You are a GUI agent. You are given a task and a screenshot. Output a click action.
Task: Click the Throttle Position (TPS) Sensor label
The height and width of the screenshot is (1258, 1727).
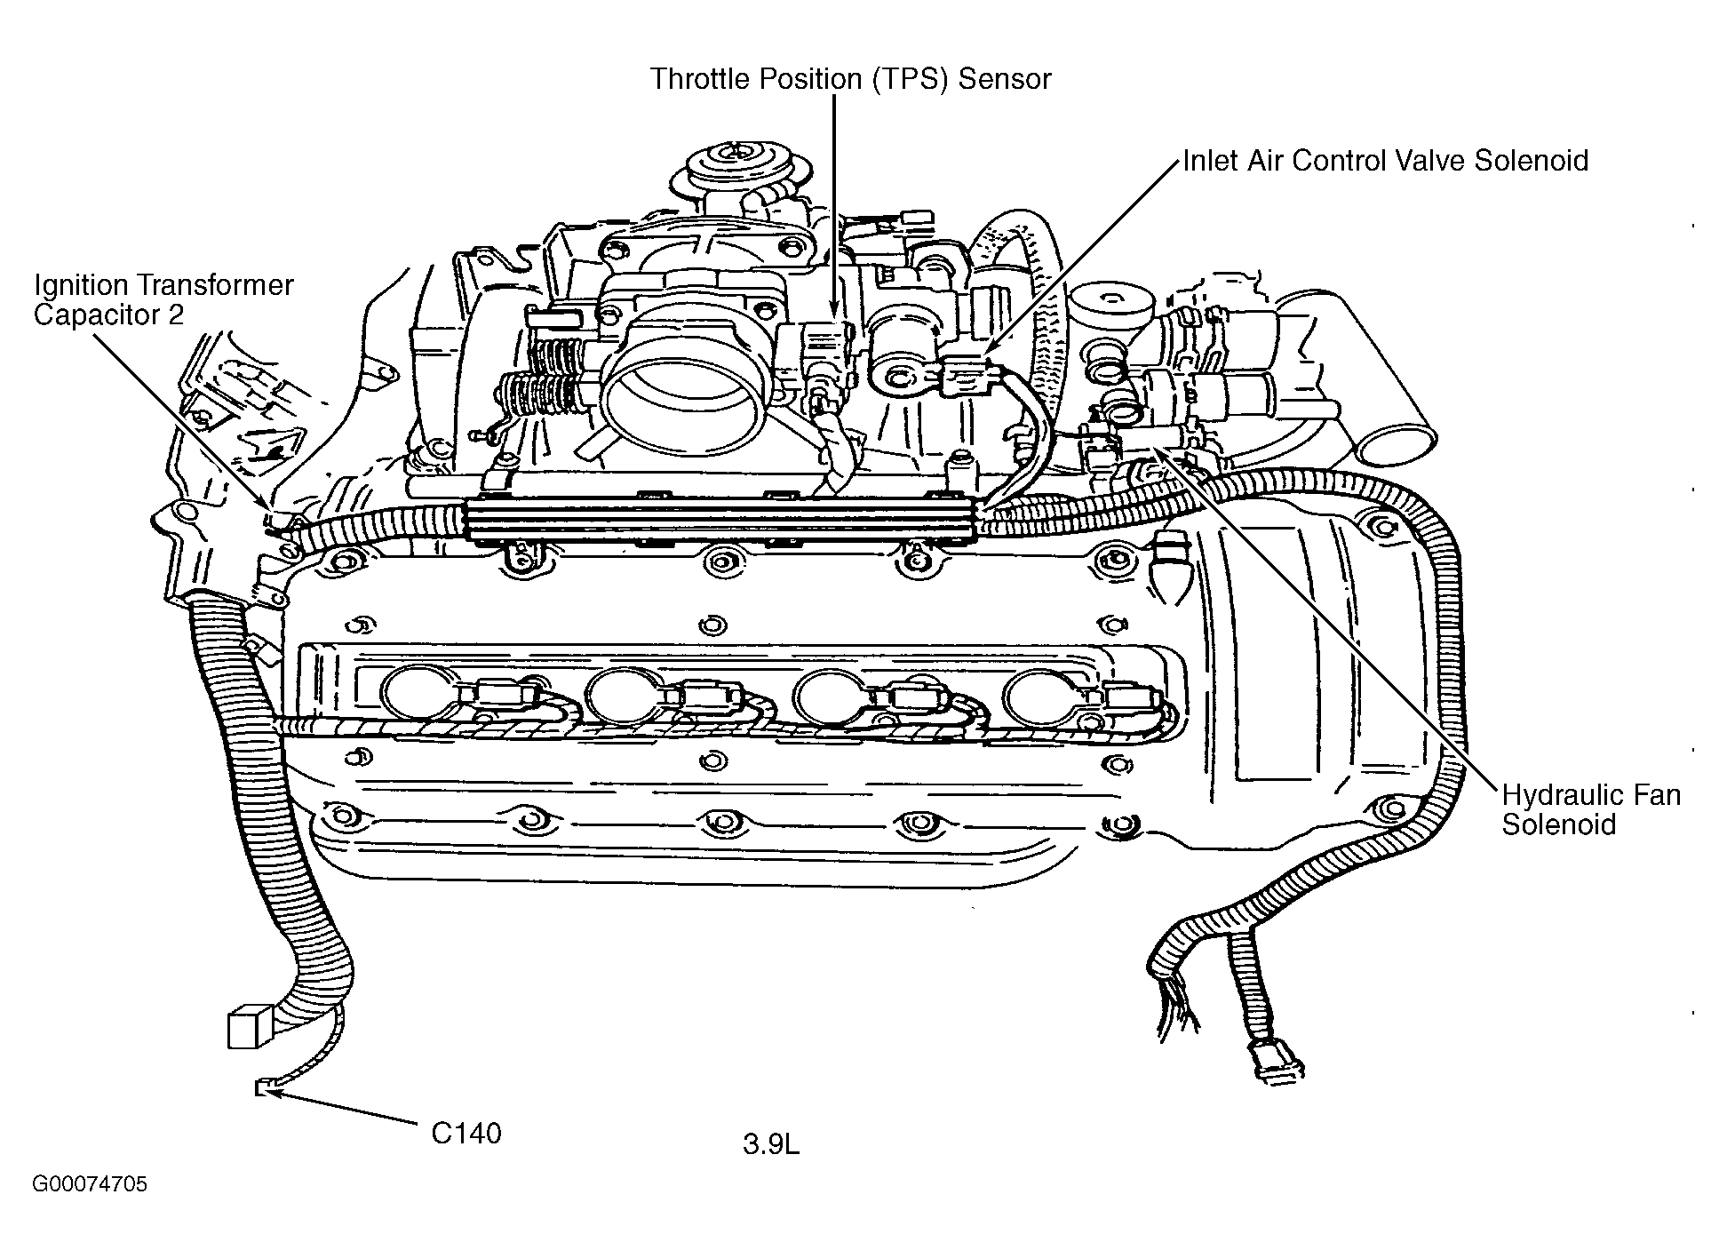coord(850,79)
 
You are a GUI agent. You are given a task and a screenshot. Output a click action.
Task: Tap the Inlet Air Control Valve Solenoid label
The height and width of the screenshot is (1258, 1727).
coord(1385,161)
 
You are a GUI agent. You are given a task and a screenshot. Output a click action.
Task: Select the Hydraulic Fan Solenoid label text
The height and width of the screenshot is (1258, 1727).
coord(1591,809)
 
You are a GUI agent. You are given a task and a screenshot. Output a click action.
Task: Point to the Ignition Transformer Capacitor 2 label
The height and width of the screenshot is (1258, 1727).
coord(163,300)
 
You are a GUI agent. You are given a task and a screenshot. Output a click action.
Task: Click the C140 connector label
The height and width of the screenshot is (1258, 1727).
coord(466,1134)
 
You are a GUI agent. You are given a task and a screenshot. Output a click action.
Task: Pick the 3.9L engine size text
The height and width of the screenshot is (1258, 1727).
coord(771,1145)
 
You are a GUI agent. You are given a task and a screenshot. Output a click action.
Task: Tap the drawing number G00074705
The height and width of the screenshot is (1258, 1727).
coord(90,1185)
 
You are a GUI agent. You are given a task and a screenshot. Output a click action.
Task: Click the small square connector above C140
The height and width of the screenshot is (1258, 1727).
coord(244,1029)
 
